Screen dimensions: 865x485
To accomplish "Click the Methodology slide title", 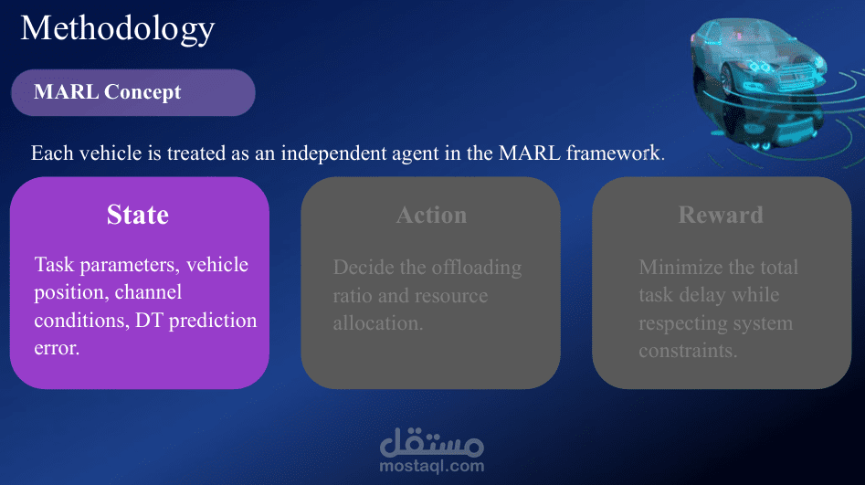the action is (x=118, y=29).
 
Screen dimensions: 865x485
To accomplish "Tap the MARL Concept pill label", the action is (x=108, y=91).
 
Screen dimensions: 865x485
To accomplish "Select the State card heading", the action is (x=138, y=215).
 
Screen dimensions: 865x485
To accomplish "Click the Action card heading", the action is (x=431, y=216).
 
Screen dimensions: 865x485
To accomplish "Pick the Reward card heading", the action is (x=721, y=215).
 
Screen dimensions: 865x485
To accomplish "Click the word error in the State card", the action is (x=57, y=348).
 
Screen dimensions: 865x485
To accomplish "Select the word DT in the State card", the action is (x=149, y=320).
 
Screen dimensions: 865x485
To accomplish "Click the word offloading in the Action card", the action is (x=476, y=269).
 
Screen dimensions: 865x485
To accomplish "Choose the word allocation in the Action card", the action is (x=378, y=322).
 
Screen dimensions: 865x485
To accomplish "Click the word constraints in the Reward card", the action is (x=688, y=351).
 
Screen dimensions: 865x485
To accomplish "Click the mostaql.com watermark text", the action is (x=432, y=466).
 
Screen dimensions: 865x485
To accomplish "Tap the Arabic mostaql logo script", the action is (x=432, y=442).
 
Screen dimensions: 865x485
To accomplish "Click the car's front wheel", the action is (x=726, y=80).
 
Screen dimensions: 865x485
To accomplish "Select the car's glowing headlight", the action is (x=760, y=68).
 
